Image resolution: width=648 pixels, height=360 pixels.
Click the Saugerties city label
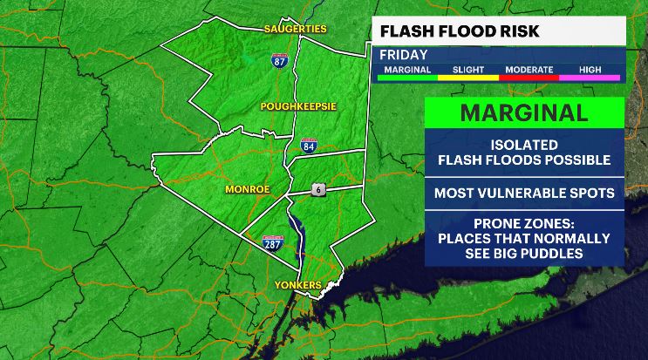(x=295, y=29)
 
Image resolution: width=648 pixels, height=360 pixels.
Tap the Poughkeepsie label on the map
(x=297, y=105)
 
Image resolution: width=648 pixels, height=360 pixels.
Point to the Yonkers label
(x=297, y=285)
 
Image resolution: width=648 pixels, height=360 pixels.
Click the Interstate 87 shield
(x=277, y=61)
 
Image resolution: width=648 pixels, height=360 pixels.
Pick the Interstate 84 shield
(x=308, y=145)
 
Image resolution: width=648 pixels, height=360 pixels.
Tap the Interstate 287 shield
(x=273, y=245)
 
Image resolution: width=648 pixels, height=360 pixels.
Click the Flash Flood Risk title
(x=459, y=32)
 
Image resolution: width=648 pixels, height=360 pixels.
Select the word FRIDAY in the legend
(x=403, y=54)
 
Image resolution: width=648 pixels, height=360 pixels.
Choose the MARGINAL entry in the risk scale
(x=406, y=70)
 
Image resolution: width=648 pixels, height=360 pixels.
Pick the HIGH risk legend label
(x=589, y=70)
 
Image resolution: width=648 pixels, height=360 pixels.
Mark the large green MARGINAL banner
(x=524, y=112)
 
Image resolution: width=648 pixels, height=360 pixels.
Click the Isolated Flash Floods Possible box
(x=524, y=153)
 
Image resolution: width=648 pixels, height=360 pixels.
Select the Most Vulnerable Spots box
(x=524, y=192)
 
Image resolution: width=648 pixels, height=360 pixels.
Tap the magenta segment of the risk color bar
(x=589, y=78)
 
